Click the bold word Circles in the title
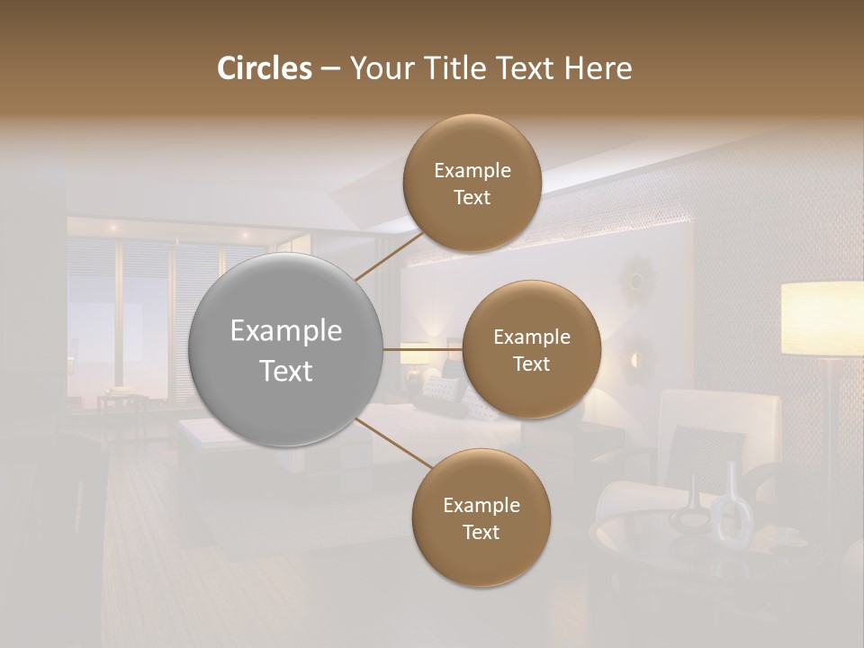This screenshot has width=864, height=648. click(265, 68)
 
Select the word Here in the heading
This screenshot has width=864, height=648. click(598, 68)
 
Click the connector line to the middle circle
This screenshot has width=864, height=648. click(421, 349)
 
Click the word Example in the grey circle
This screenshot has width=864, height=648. click(286, 331)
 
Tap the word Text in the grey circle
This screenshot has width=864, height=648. click(286, 371)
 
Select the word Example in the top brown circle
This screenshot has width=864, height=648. click(472, 171)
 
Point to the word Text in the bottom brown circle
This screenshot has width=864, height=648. click(481, 532)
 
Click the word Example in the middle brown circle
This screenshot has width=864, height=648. click(531, 337)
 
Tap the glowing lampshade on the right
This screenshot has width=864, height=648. click(822, 319)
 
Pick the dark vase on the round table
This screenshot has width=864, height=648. click(688, 509)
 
